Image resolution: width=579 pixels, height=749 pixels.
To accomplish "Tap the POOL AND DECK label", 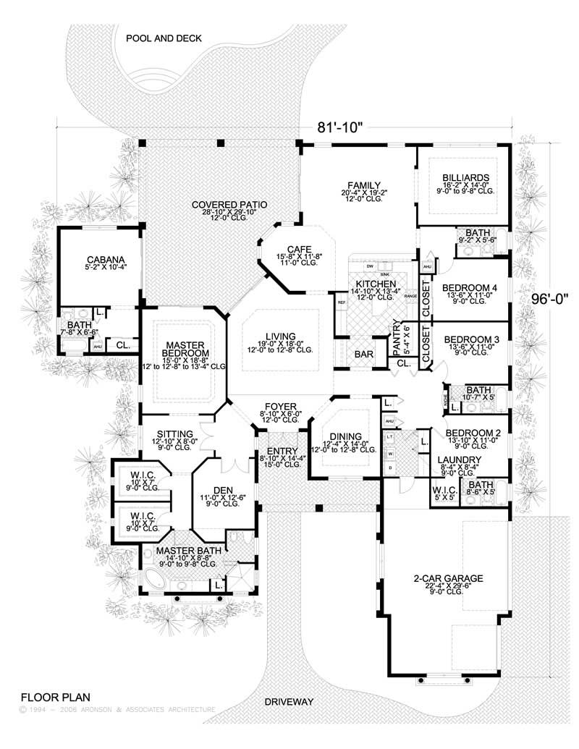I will point(163,38).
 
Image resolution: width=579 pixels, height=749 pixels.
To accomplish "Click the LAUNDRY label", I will point(459,459).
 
